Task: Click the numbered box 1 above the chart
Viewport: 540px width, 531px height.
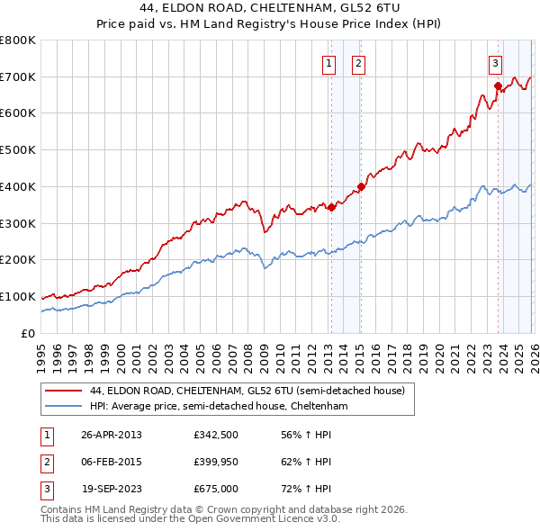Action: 329,63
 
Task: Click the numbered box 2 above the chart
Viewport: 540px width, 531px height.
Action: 358,63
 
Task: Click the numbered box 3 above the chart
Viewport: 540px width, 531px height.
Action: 496,63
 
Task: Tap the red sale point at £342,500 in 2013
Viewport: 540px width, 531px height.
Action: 331,207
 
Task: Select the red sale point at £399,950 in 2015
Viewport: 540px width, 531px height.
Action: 360,186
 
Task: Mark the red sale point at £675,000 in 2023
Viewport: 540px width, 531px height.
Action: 498,86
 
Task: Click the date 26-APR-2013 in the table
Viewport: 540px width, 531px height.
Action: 112,435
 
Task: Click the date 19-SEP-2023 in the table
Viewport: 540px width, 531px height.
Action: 112,489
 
